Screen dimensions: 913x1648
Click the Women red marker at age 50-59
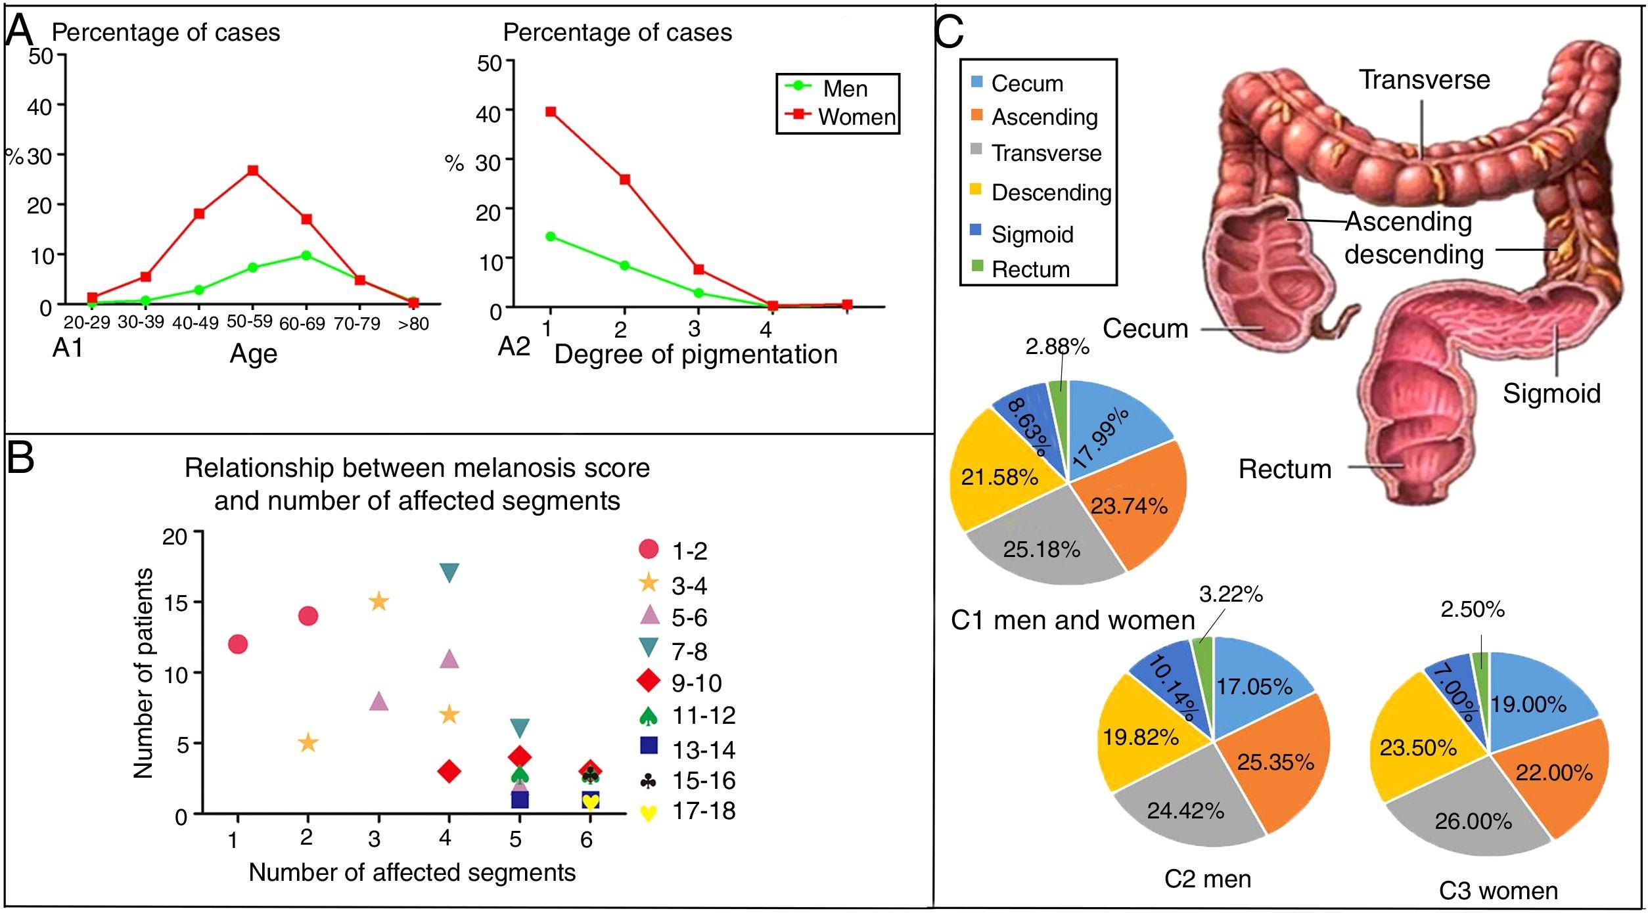(252, 171)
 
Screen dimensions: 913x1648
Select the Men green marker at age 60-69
(306, 255)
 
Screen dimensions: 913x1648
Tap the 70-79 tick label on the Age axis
(357, 323)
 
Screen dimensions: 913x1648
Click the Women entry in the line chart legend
(856, 117)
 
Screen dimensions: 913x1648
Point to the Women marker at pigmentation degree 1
(551, 112)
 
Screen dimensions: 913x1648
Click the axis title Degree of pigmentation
(696, 355)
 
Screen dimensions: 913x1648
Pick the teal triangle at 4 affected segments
(449, 573)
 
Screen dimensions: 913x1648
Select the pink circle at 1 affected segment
(238, 644)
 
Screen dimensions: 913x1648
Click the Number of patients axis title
(143, 673)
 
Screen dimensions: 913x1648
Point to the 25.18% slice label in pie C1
(1041, 549)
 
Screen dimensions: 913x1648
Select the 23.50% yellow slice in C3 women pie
(1418, 748)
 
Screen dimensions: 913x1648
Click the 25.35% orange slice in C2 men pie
(1275, 762)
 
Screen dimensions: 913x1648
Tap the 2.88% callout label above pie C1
(1057, 346)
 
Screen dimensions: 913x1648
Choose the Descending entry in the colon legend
(1051, 192)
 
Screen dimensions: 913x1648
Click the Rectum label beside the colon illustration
(1285, 469)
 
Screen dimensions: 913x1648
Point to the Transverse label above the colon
(1425, 79)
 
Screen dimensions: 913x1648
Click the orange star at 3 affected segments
(379, 602)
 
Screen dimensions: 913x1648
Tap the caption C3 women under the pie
(1498, 891)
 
